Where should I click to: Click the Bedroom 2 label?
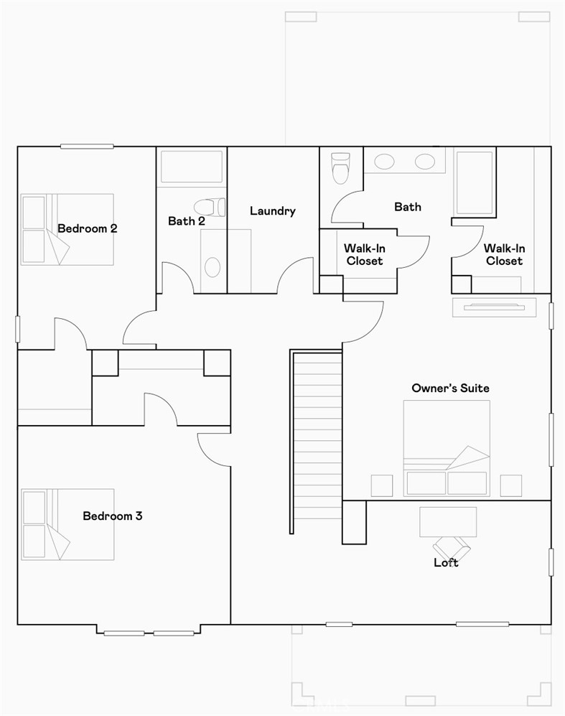pos(88,229)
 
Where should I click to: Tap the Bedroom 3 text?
pos(112,516)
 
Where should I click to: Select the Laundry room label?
pos(273,211)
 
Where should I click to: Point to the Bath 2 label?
pos(187,221)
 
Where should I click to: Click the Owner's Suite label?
pos(450,389)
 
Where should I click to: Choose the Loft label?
pos(446,562)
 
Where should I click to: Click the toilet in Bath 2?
pos(209,207)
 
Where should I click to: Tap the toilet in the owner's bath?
pos(340,167)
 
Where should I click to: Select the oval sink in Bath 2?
pos(212,266)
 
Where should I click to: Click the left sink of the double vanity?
pos(384,162)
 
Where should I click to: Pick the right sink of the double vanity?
pos(424,162)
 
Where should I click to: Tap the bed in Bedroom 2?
pos(67,229)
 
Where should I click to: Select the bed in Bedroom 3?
pos(67,524)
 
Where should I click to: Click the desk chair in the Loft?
pos(455,548)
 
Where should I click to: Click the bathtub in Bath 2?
pos(191,167)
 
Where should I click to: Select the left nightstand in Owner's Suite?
pos(382,485)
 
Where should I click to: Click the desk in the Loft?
pos(447,521)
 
